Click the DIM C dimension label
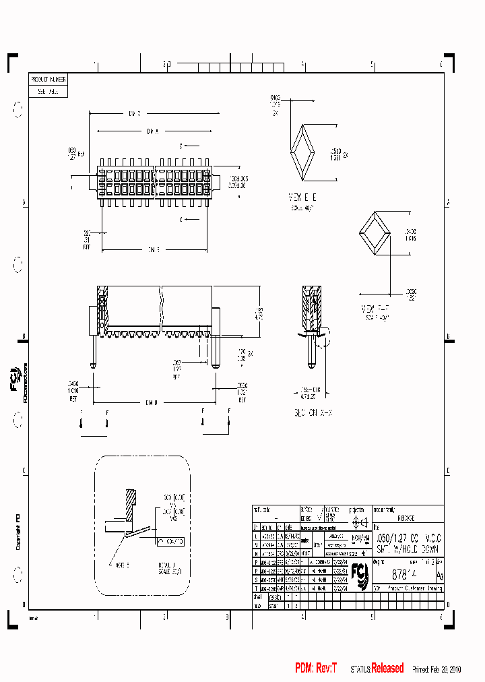134,113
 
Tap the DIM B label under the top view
153,250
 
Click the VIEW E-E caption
301,196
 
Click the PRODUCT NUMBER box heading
48,79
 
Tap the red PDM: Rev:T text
315,668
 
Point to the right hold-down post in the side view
216,337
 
